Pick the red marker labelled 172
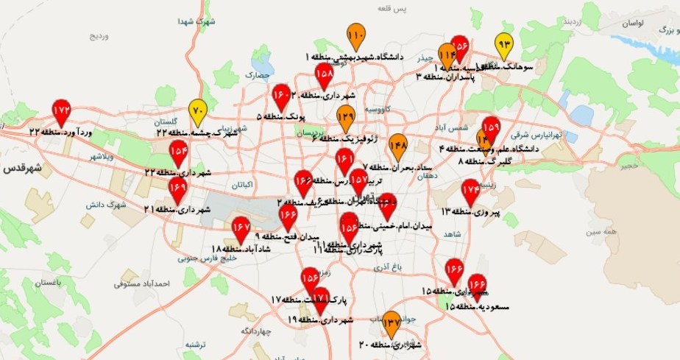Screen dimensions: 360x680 pos(62,110)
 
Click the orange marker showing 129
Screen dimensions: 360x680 pos(346,116)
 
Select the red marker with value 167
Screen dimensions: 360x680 pos(241,228)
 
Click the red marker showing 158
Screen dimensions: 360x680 pos(324,74)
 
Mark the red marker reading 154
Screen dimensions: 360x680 pos(179,152)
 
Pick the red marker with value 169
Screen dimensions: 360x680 pos(177,189)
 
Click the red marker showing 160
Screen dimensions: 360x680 pos(282,95)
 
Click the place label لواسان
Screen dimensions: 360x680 pos(632,23)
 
